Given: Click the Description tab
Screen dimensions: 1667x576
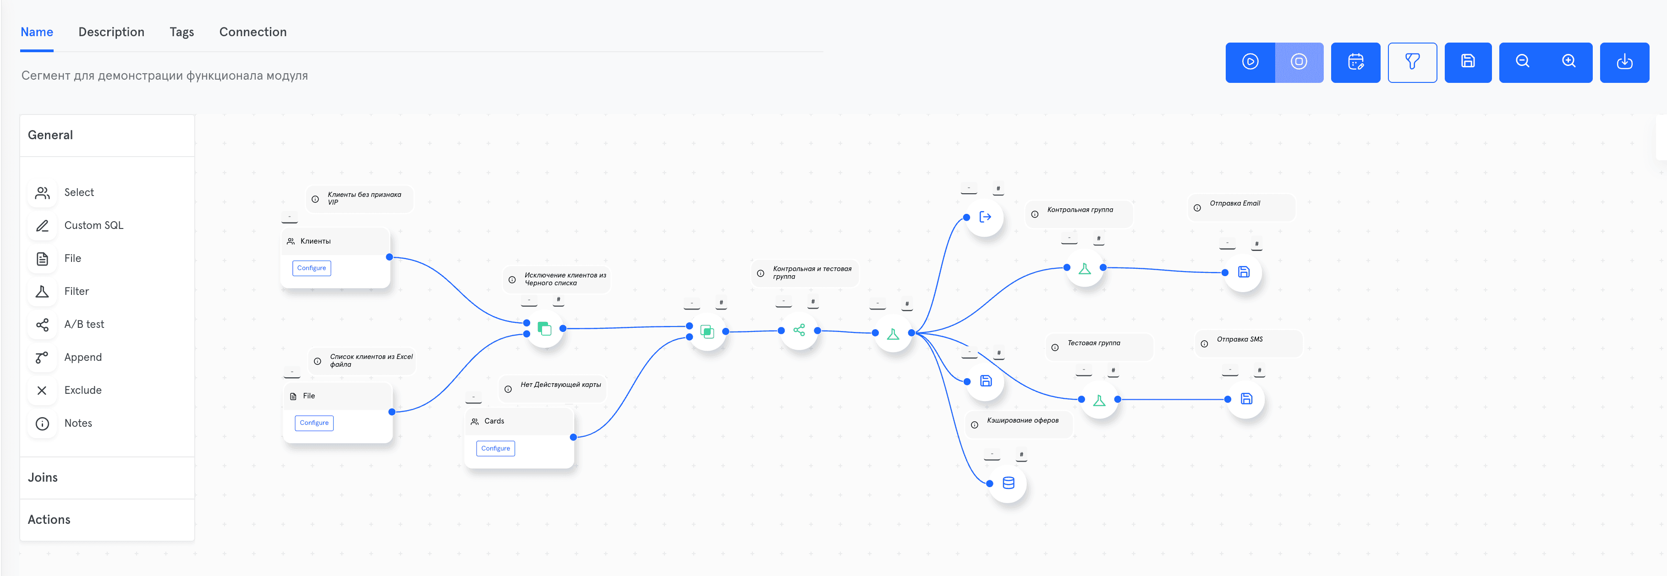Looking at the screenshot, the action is (111, 32).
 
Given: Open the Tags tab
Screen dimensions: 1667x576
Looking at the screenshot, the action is (182, 32).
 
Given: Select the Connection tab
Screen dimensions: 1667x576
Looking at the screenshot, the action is (253, 32).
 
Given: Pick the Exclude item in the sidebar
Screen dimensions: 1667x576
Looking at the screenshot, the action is (83, 390).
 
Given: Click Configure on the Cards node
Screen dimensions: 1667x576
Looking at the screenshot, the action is (496, 448).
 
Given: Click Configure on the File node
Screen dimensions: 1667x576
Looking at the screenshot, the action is (314, 423).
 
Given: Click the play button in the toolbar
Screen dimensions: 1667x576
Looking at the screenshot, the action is (1250, 62).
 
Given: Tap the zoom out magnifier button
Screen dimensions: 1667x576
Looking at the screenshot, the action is (1523, 61).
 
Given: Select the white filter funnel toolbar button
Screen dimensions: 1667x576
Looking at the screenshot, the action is (1413, 62).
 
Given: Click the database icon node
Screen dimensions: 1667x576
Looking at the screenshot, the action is (1008, 483).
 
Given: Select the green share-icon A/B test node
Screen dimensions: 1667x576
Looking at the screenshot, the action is (799, 330).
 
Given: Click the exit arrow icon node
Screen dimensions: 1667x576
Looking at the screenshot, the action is (985, 217).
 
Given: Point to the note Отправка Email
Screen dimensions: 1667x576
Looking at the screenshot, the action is (1235, 204).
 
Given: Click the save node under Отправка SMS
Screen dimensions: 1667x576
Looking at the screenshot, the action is (1246, 399).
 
